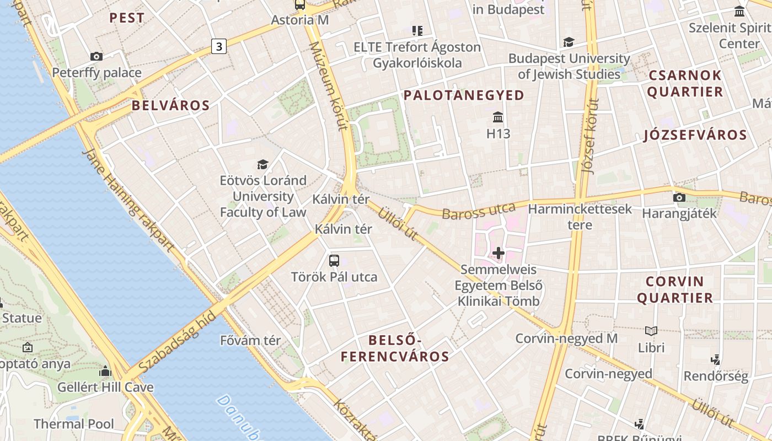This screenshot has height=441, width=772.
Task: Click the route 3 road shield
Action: coord(219,47)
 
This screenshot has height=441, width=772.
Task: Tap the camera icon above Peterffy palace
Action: coord(96,56)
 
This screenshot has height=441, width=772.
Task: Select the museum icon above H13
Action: coord(498,117)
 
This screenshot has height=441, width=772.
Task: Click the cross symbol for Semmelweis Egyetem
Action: coord(498,253)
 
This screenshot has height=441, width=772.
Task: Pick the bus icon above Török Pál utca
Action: coord(334,260)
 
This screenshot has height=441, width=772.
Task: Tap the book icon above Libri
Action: coord(651,331)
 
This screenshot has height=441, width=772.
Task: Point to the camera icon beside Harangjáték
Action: coord(679,197)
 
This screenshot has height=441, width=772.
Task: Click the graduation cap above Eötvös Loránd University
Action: coord(262,164)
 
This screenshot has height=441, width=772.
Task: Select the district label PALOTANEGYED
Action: coord(464,95)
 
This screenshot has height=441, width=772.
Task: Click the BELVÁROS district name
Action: coord(170,106)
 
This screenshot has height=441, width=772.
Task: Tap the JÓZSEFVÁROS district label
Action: coord(695,135)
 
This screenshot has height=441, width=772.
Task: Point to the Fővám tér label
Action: coord(250,341)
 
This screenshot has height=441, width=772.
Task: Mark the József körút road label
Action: coord(590,136)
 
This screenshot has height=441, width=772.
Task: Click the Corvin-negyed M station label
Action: coord(566,338)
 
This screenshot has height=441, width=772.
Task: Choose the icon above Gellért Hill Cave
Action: coord(105,370)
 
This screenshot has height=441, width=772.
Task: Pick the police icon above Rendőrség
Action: coord(716,360)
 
